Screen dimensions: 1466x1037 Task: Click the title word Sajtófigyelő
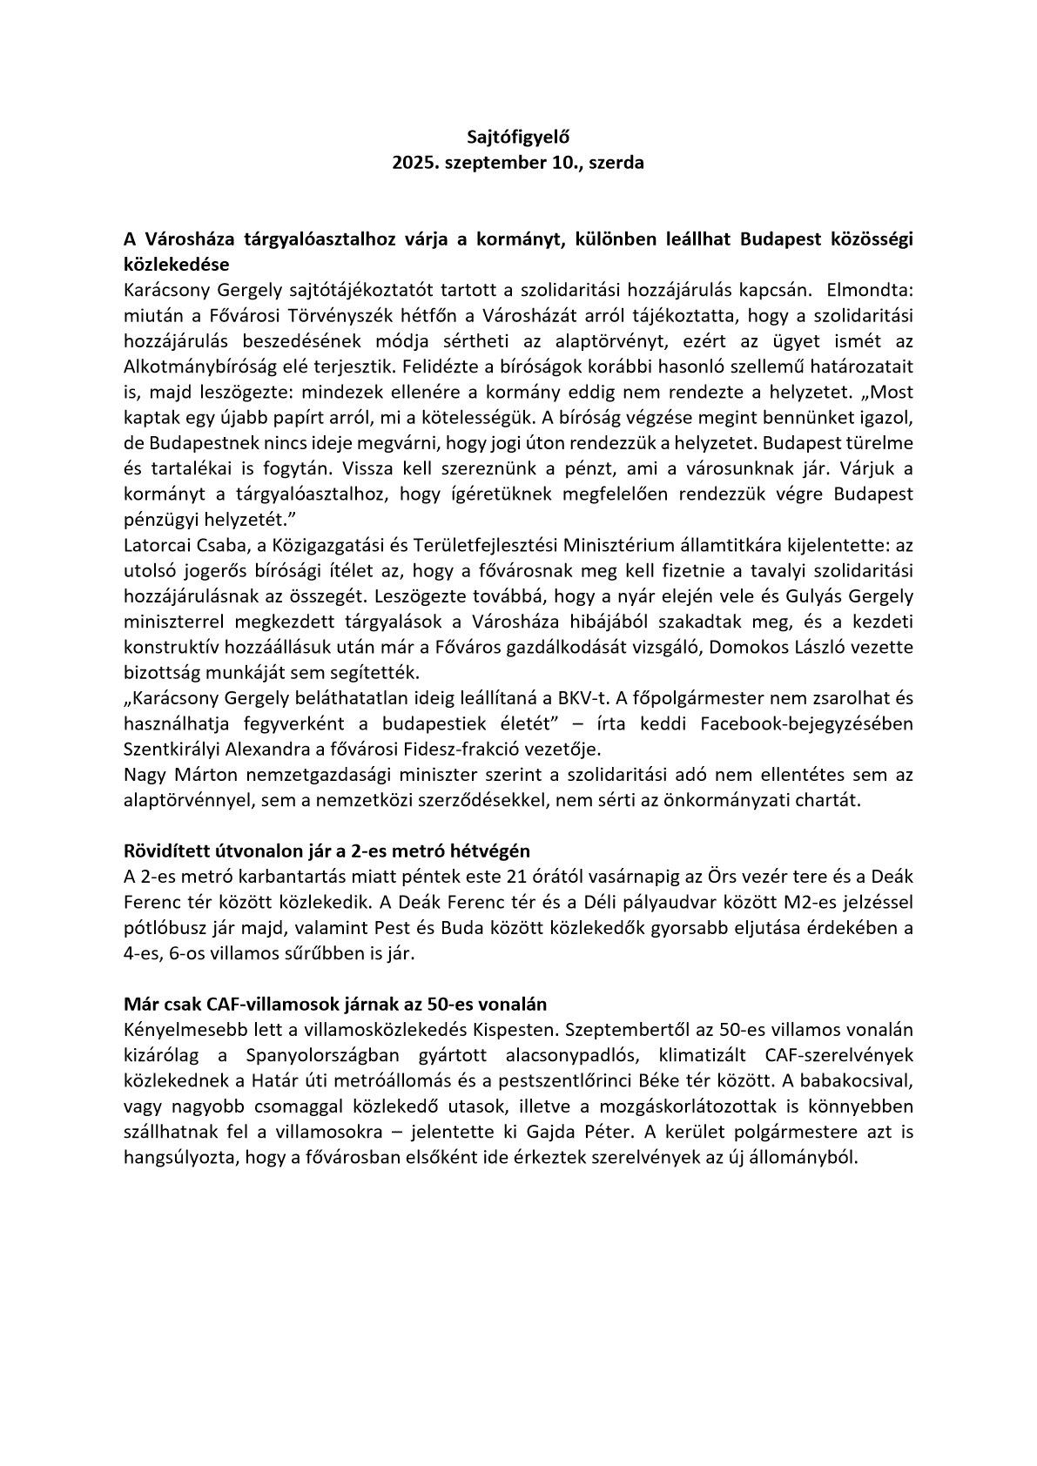pos(518,136)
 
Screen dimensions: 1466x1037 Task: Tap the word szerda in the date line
pos(616,162)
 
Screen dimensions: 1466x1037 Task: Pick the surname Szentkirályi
pos(177,749)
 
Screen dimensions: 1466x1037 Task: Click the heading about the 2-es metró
pos(327,851)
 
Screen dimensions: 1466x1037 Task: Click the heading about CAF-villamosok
pos(335,1004)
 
